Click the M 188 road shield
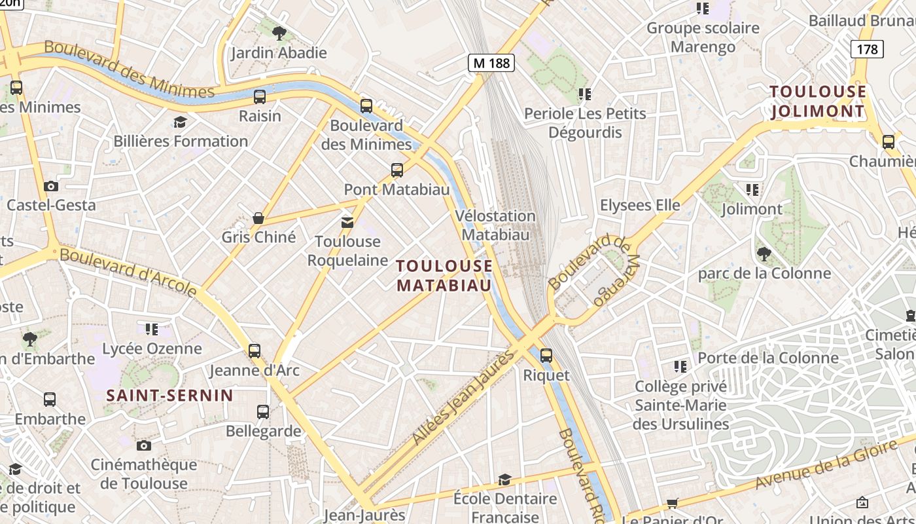(491, 63)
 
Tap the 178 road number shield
(867, 49)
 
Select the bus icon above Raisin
(260, 97)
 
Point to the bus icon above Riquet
(546, 356)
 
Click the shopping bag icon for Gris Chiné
(258, 218)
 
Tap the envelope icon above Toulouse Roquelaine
(347, 223)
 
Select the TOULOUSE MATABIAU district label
(444, 276)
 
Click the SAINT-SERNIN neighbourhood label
(169, 396)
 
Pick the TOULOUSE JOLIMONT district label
(818, 102)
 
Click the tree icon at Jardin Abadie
(279, 33)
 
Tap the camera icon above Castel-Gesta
(51, 186)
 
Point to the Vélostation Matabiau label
(495, 225)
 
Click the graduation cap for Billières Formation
(180, 122)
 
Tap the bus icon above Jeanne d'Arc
(255, 351)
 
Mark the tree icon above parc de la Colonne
(764, 253)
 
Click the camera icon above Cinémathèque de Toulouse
(144, 446)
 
